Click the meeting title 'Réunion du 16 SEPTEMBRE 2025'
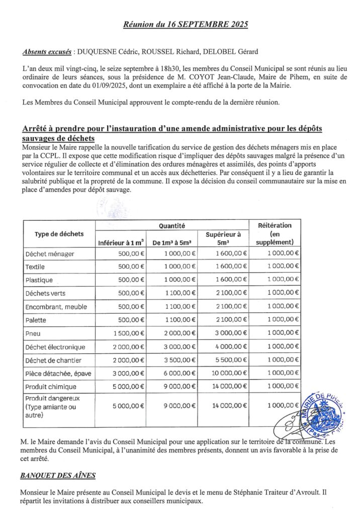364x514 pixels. coord(186,24)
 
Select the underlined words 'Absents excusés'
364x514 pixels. coord(47,52)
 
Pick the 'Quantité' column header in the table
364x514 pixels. coord(172,227)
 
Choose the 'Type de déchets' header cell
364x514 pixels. coord(59,234)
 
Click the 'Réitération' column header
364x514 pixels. coord(275,225)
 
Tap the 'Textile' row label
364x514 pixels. coord(35,267)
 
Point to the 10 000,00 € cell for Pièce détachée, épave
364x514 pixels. coord(229,373)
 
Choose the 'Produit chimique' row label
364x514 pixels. coord(51,387)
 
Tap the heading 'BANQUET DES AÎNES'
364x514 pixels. coord(58,475)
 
